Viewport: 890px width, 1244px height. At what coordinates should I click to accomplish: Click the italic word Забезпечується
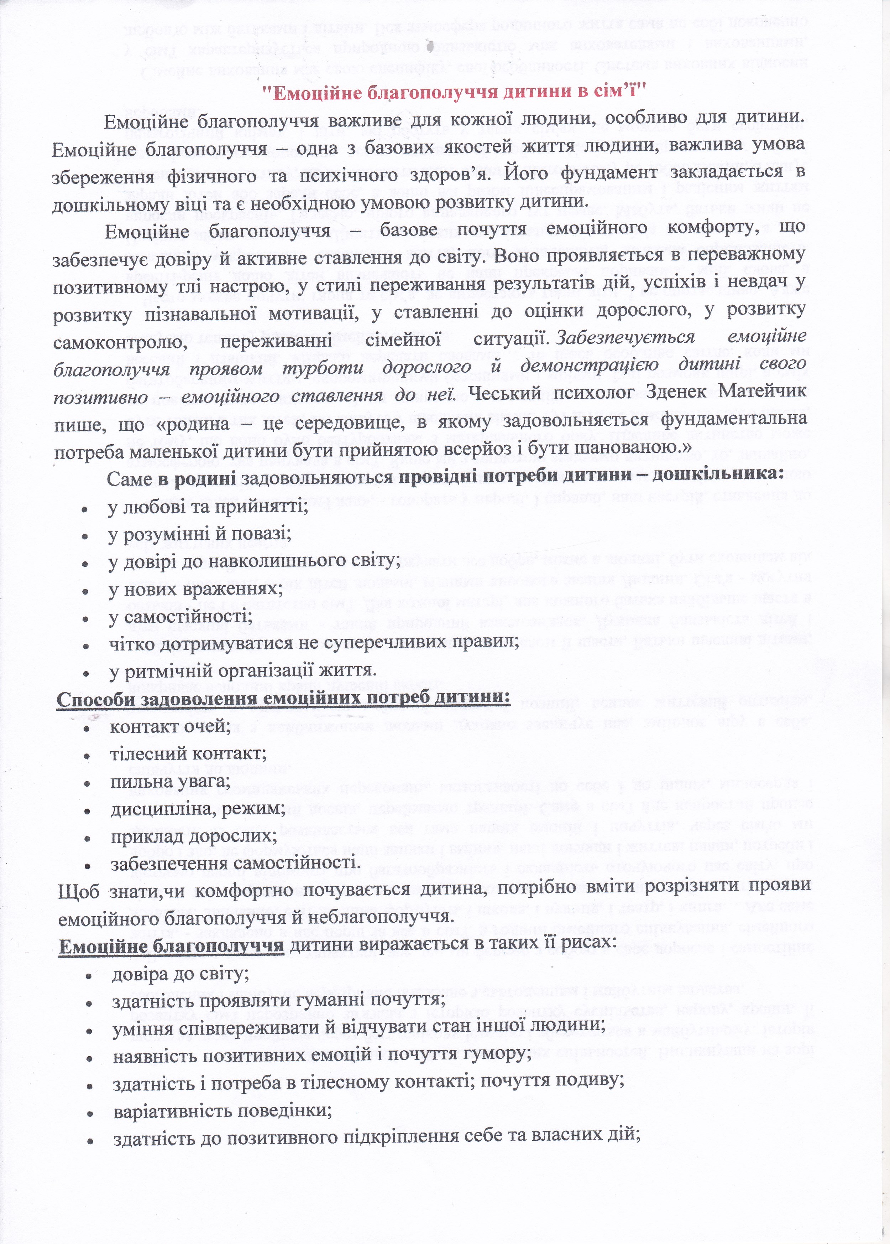click(x=625, y=337)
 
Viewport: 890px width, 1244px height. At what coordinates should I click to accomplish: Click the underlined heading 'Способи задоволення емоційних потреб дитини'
click(x=283, y=700)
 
